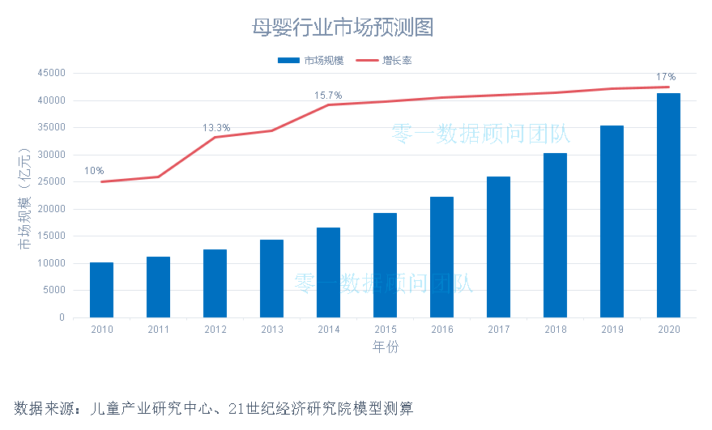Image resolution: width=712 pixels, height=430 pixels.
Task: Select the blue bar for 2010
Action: [101, 290]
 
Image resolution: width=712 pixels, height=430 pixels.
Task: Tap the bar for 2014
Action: [328, 273]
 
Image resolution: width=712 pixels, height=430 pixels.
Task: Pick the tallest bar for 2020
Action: [668, 206]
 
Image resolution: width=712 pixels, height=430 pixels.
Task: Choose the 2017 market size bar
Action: [498, 247]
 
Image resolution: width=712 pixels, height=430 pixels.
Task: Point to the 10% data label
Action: [94, 171]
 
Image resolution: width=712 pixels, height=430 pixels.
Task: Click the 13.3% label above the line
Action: [216, 128]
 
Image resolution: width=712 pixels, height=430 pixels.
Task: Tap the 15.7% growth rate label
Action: [328, 96]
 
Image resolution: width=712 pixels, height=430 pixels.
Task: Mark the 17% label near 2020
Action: [666, 77]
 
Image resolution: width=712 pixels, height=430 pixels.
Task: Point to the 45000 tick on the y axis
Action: [50, 73]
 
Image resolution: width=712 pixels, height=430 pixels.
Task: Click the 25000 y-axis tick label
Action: [50, 182]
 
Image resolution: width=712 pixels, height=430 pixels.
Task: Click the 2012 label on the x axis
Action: [215, 330]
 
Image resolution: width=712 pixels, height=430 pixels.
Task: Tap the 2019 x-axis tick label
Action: [612, 330]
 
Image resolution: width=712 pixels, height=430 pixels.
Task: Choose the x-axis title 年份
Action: [385, 347]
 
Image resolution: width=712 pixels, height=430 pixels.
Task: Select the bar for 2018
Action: [555, 235]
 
